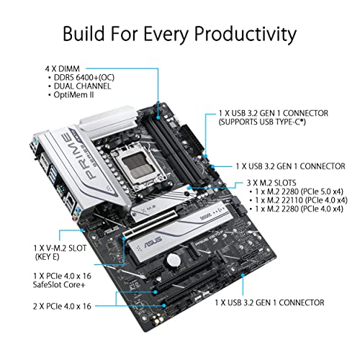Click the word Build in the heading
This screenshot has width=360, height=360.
click(86, 34)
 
